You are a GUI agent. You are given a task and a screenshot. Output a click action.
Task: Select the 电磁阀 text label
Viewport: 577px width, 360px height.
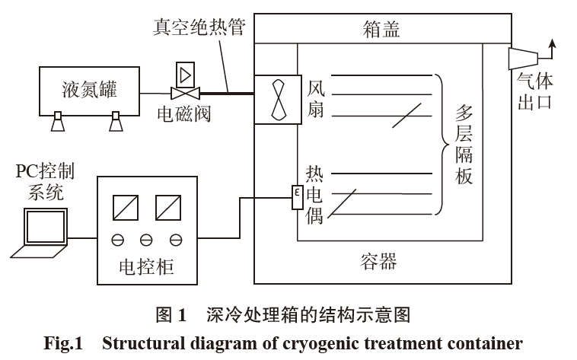[183, 115]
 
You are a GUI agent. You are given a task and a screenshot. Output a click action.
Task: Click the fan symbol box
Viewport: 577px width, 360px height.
[274, 99]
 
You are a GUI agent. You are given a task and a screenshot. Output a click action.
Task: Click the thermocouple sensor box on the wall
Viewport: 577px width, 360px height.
[297, 199]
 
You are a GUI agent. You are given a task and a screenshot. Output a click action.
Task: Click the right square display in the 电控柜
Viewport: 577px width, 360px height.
[167, 207]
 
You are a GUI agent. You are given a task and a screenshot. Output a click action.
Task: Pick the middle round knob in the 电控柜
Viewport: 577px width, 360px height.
[146, 241]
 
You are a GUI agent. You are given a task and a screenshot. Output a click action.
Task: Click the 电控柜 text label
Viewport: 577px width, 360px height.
[146, 267]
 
